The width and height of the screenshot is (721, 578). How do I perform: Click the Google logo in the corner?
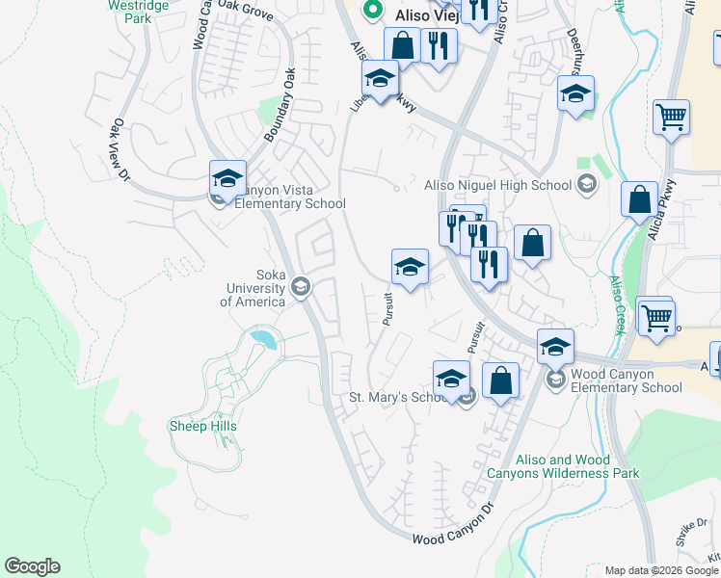point(32,566)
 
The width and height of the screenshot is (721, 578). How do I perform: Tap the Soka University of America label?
point(253,287)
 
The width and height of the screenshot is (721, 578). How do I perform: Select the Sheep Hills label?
point(202,426)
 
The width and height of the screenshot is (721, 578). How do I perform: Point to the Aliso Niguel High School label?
point(498,185)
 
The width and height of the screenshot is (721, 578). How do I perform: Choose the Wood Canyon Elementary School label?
point(626,381)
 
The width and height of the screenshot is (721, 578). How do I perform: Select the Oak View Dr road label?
point(120,148)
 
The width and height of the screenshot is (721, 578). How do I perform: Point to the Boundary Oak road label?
point(276,106)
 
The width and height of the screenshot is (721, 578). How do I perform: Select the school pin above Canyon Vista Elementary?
point(227,178)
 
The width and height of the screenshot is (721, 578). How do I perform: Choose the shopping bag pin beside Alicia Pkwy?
point(638,200)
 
